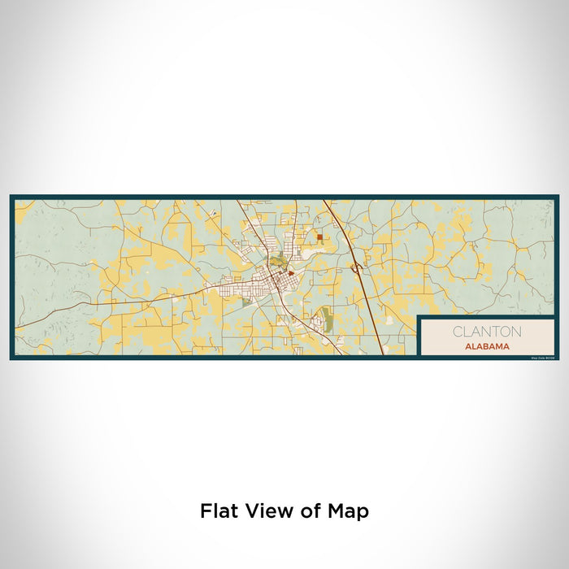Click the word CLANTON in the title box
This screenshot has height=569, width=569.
point(488,332)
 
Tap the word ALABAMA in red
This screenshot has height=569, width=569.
point(488,345)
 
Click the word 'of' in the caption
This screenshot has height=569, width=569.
point(309,511)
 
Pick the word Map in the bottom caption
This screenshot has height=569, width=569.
point(349,511)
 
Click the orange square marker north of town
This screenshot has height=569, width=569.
point(319,238)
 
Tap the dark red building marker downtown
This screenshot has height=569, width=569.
point(290,274)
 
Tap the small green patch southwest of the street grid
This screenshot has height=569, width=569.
point(246,302)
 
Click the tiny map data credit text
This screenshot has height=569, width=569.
point(541,357)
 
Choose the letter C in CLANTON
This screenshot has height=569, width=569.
point(457,332)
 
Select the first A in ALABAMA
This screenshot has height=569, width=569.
point(469,345)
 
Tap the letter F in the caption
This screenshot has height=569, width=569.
point(205,511)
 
